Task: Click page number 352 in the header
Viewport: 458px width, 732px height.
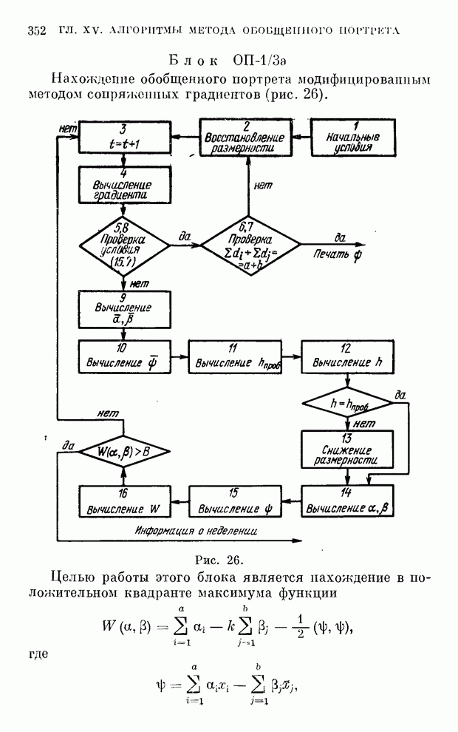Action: (x=37, y=30)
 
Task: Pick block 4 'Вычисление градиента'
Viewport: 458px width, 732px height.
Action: (x=125, y=184)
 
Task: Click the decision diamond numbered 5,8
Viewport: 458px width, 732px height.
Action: (x=125, y=243)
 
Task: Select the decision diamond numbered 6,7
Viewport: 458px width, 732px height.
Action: (x=250, y=243)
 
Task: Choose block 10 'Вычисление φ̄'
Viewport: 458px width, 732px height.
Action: (x=125, y=357)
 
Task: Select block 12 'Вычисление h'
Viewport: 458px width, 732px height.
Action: (x=348, y=358)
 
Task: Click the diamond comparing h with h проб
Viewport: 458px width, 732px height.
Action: (x=348, y=404)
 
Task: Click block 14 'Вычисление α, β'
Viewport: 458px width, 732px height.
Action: (x=348, y=502)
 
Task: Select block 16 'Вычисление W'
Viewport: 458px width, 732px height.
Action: (x=125, y=503)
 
